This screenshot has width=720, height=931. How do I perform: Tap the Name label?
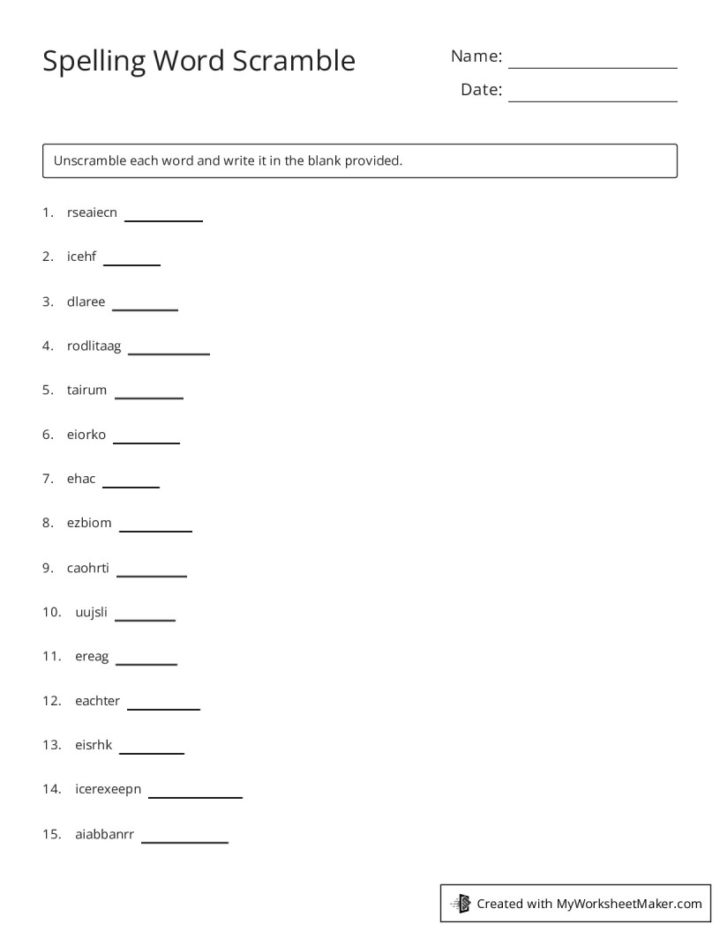click(476, 56)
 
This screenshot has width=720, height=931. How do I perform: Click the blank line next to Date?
click(592, 100)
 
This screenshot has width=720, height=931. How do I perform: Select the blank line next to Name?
click(592, 66)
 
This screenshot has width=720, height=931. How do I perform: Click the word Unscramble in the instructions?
click(89, 160)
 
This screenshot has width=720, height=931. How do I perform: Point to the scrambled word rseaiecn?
click(92, 212)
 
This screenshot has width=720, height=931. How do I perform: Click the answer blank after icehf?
click(131, 263)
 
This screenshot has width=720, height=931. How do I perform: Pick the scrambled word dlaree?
click(86, 302)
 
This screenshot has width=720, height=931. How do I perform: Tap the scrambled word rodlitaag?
click(94, 346)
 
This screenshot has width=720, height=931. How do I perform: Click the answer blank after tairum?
click(148, 397)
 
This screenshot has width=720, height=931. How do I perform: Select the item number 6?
click(48, 435)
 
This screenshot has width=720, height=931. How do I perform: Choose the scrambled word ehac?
click(81, 479)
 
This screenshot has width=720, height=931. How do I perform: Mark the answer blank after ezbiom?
click(155, 530)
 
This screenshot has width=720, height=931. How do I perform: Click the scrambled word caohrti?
click(88, 567)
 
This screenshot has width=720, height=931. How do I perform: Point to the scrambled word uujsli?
click(91, 612)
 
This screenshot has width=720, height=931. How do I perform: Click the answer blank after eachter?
click(163, 707)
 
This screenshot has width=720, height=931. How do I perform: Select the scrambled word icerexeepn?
click(108, 789)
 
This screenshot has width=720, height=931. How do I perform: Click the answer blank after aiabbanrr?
click(184, 841)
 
